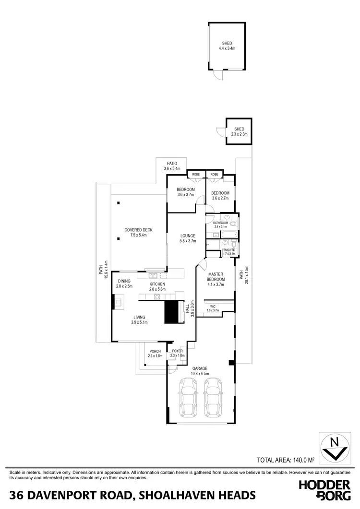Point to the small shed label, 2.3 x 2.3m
click(x=239, y=132)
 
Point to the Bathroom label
click(x=222, y=225)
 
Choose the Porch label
click(x=155, y=354)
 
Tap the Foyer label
click(x=177, y=354)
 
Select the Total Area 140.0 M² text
click(x=285, y=473)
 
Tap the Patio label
click(x=171, y=166)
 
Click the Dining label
click(x=124, y=284)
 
